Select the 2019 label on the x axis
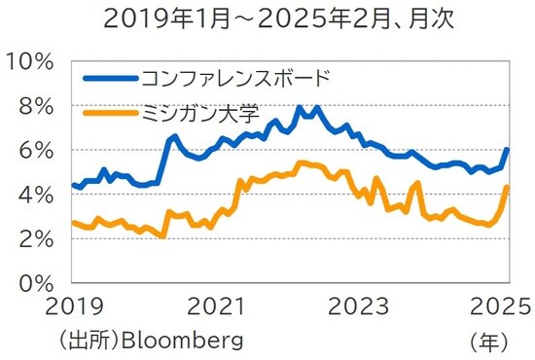pos(73,306)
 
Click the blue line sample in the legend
pos(110,77)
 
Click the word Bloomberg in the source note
pos(186,341)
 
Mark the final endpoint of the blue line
pos(508,150)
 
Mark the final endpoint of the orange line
pos(508,187)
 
